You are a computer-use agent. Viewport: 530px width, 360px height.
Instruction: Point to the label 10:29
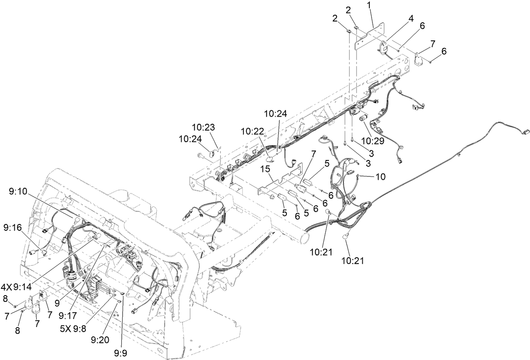pyautogui.click(x=372, y=141)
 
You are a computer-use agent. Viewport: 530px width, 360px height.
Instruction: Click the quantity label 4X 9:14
pyautogui.click(x=19, y=287)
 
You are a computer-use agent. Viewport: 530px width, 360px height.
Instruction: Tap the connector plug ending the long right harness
pyautogui.click(x=525, y=132)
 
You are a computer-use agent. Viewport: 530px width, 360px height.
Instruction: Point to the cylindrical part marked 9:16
pyautogui.click(x=31, y=252)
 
